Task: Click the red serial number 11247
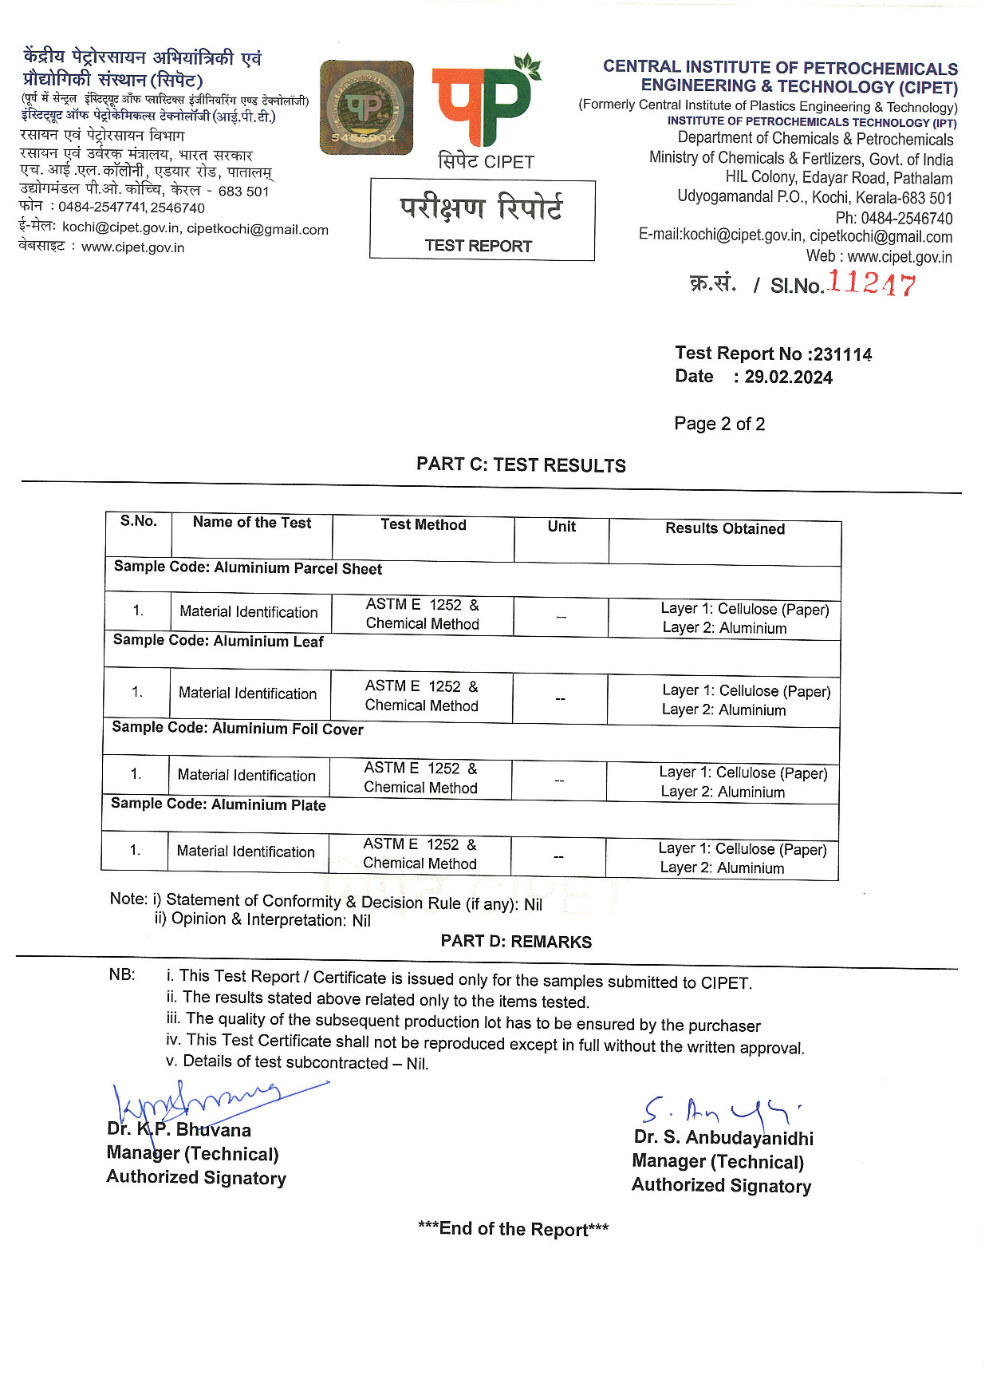pos(871,283)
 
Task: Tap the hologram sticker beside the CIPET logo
pos(366,107)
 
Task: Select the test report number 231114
pos(842,354)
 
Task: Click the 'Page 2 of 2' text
pos(719,424)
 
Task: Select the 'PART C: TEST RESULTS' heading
pos(521,465)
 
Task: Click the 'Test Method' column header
pos(423,524)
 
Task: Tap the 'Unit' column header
pos(561,527)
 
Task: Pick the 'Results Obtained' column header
pos(725,528)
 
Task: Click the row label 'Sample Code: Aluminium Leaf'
pos(218,641)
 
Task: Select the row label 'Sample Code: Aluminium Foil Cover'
pos(238,728)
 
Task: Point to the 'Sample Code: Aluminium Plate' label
pos(218,804)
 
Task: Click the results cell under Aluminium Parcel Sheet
pos(744,618)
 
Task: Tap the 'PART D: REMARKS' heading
pos(516,942)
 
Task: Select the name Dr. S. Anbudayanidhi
pos(723,1137)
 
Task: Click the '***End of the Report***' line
pos(513,1229)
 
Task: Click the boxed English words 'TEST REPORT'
pos(478,246)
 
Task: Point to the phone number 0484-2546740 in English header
pos(906,218)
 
